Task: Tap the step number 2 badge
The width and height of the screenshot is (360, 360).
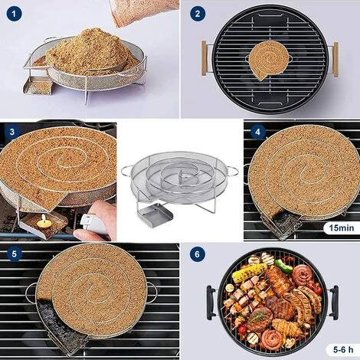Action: click(198, 13)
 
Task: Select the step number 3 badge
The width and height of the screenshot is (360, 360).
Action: click(12, 132)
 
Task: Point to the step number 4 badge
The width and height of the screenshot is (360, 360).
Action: click(258, 132)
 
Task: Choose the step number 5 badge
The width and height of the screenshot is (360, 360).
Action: click(12, 254)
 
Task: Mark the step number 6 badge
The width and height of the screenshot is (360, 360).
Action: click(198, 254)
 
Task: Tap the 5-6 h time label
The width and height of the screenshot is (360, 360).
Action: click(340, 349)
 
